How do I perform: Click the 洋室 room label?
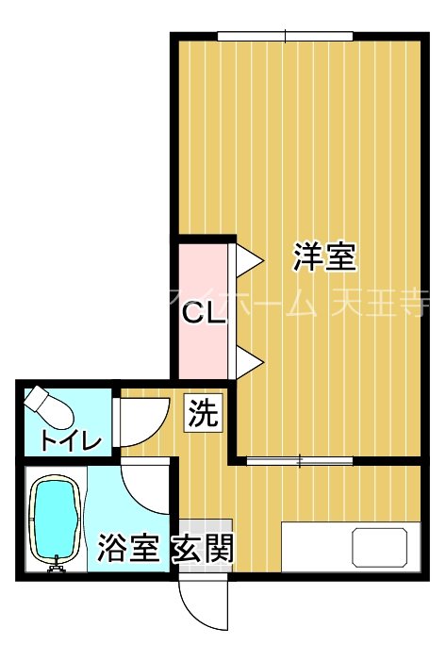(323, 256)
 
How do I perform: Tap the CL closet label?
(203, 315)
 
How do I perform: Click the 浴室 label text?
(127, 548)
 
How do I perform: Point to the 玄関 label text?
(202, 548)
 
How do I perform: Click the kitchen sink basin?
(381, 548)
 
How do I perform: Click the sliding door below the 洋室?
(299, 461)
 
